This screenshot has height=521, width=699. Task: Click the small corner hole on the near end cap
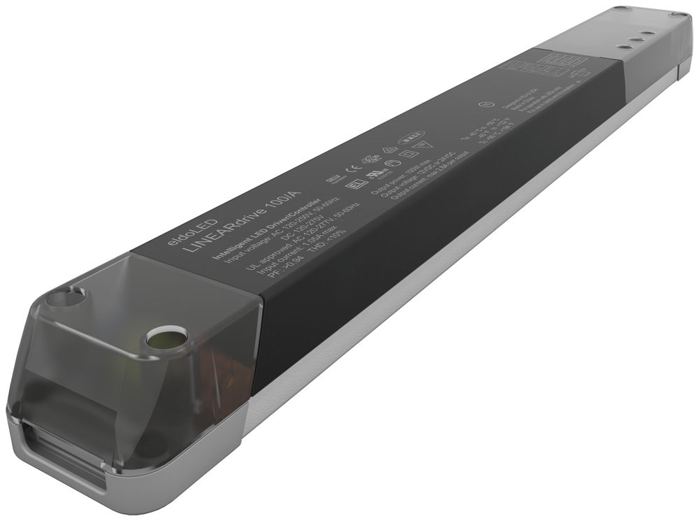[66, 299]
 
